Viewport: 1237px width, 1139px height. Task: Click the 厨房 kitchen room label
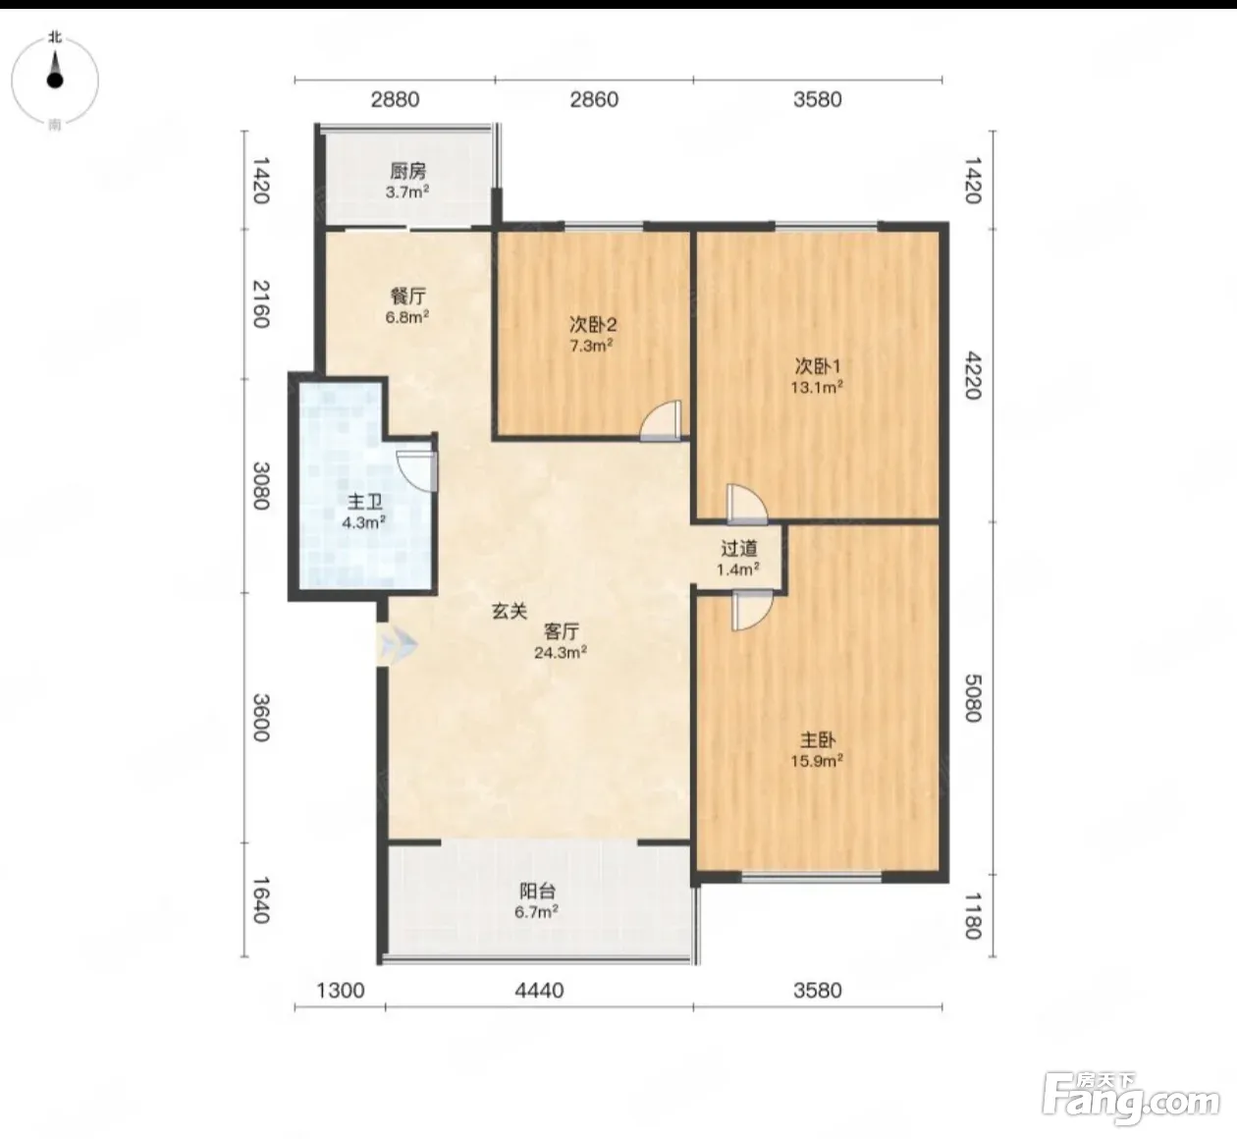pos(407,171)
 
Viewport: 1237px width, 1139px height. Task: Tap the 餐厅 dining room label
pos(407,297)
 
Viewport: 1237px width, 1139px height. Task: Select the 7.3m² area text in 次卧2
pos(591,346)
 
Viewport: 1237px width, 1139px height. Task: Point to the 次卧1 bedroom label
pos(817,366)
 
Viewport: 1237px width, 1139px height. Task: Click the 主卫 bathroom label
pos(364,503)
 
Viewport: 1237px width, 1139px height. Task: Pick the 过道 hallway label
pos(738,548)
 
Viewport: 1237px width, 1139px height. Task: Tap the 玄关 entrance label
pos(510,611)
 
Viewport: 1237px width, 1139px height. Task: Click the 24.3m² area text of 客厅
pos(560,652)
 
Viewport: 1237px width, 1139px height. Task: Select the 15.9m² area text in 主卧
pos(817,761)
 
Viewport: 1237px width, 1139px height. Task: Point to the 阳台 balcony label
pos(537,891)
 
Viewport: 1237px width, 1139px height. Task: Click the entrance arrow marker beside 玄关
pos(398,645)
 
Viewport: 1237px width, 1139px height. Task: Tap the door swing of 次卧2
pos(661,421)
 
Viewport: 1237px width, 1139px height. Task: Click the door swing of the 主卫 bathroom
pos(417,470)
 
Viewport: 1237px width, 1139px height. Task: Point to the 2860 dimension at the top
pos(594,99)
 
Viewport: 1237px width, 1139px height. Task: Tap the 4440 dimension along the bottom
pos(540,991)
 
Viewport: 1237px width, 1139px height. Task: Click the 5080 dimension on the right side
pos(973,698)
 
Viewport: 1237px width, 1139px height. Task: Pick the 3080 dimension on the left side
pos(261,486)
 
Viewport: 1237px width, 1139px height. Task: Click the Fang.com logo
pos(1131,1105)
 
